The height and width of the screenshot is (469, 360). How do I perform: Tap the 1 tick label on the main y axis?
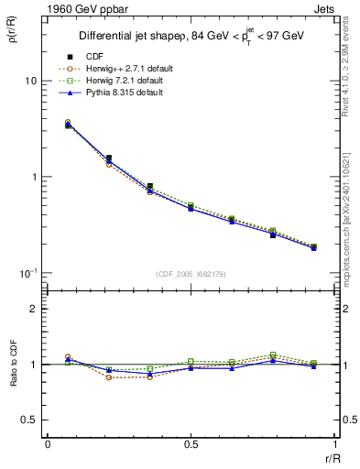(34, 177)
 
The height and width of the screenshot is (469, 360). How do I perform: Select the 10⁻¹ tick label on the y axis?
(28, 273)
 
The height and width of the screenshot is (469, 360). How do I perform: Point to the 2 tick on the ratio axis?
(34, 309)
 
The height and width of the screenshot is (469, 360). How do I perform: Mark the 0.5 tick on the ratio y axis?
(30, 420)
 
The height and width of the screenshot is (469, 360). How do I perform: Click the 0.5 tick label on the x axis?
(191, 443)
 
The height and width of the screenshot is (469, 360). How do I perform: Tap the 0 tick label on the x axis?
(47, 443)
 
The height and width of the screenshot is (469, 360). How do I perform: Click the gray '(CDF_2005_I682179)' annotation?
(191, 272)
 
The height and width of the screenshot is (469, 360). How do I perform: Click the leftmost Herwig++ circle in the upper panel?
(68, 122)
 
